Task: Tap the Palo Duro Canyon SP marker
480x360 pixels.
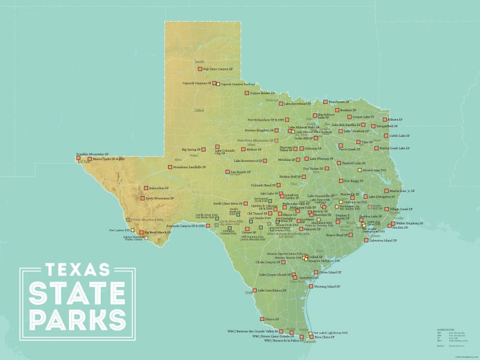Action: (x=198, y=69)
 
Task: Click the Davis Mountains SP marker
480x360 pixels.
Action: (x=143, y=198)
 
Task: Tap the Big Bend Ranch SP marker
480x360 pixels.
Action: (x=140, y=232)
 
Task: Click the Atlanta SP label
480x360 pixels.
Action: (x=395, y=120)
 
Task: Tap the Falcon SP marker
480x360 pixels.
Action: (x=261, y=319)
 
